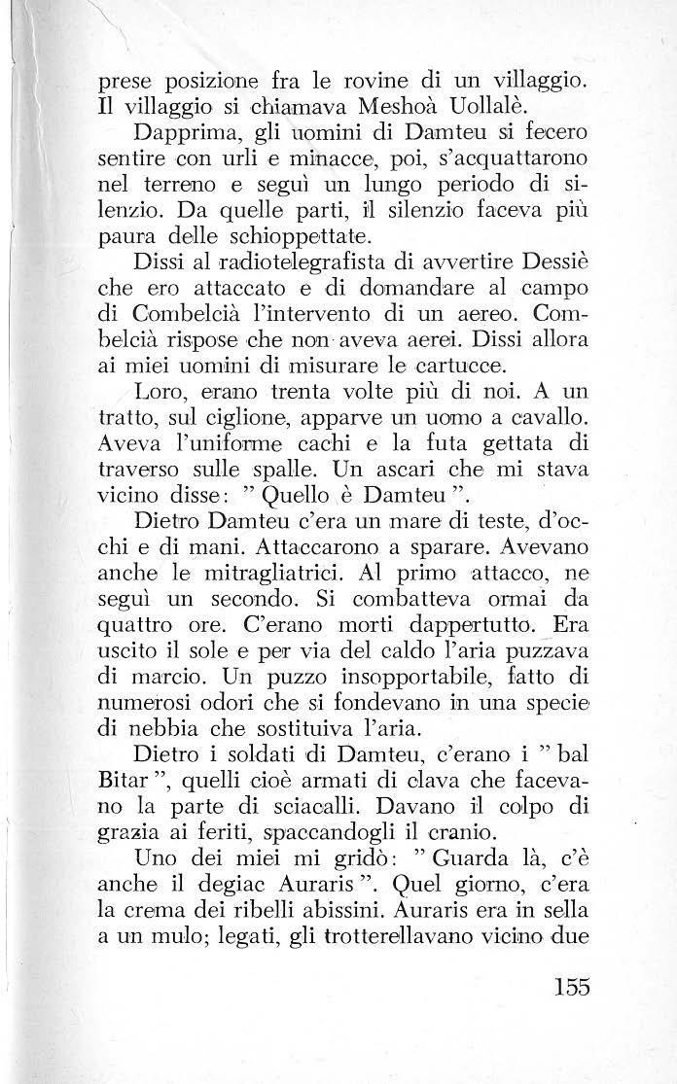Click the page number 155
(563, 960)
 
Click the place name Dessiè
(555, 266)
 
